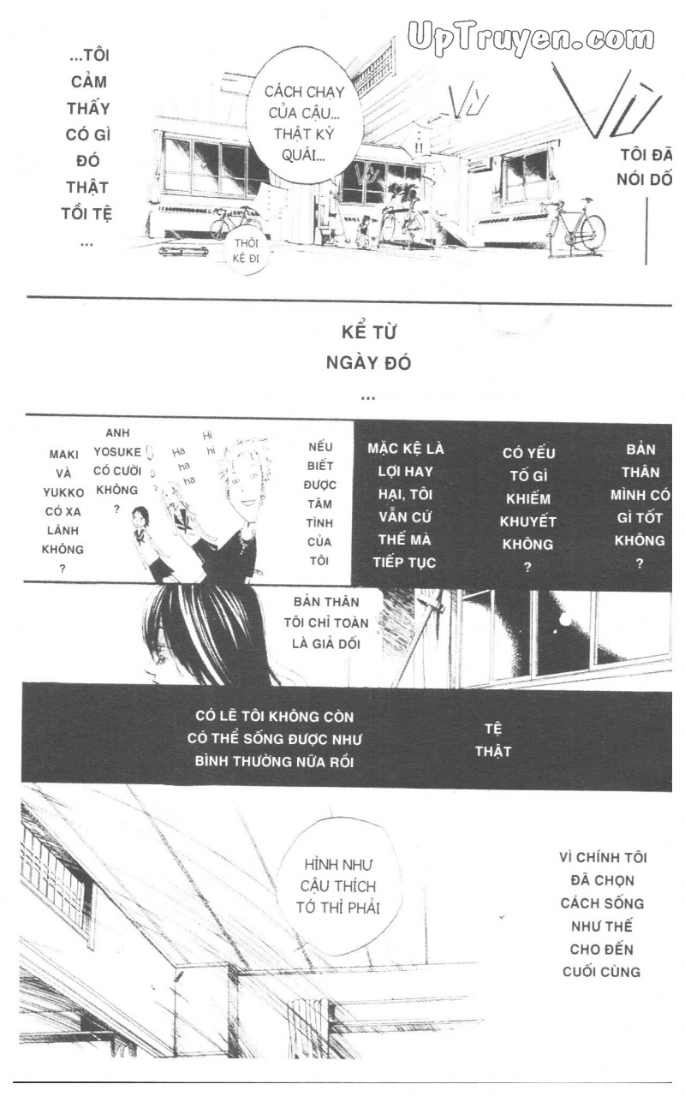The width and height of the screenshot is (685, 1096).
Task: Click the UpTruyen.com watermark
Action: tap(532, 39)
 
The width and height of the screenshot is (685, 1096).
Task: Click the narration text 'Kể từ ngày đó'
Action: tap(368, 347)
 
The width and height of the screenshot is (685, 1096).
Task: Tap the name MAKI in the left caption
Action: tap(63, 455)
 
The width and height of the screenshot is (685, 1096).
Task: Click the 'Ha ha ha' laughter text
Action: tap(182, 466)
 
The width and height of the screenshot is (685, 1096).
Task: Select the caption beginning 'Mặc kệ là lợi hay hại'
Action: tap(406, 505)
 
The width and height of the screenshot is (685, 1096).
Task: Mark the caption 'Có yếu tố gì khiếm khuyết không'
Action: tap(528, 509)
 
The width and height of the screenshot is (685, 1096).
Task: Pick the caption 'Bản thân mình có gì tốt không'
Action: tap(640, 506)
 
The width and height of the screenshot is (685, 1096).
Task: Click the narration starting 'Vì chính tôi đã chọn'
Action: tap(603, 914)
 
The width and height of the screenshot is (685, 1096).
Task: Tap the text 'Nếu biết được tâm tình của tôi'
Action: tap(320, 503)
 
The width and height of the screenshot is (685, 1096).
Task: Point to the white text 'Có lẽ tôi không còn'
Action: tap(274, 716)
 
